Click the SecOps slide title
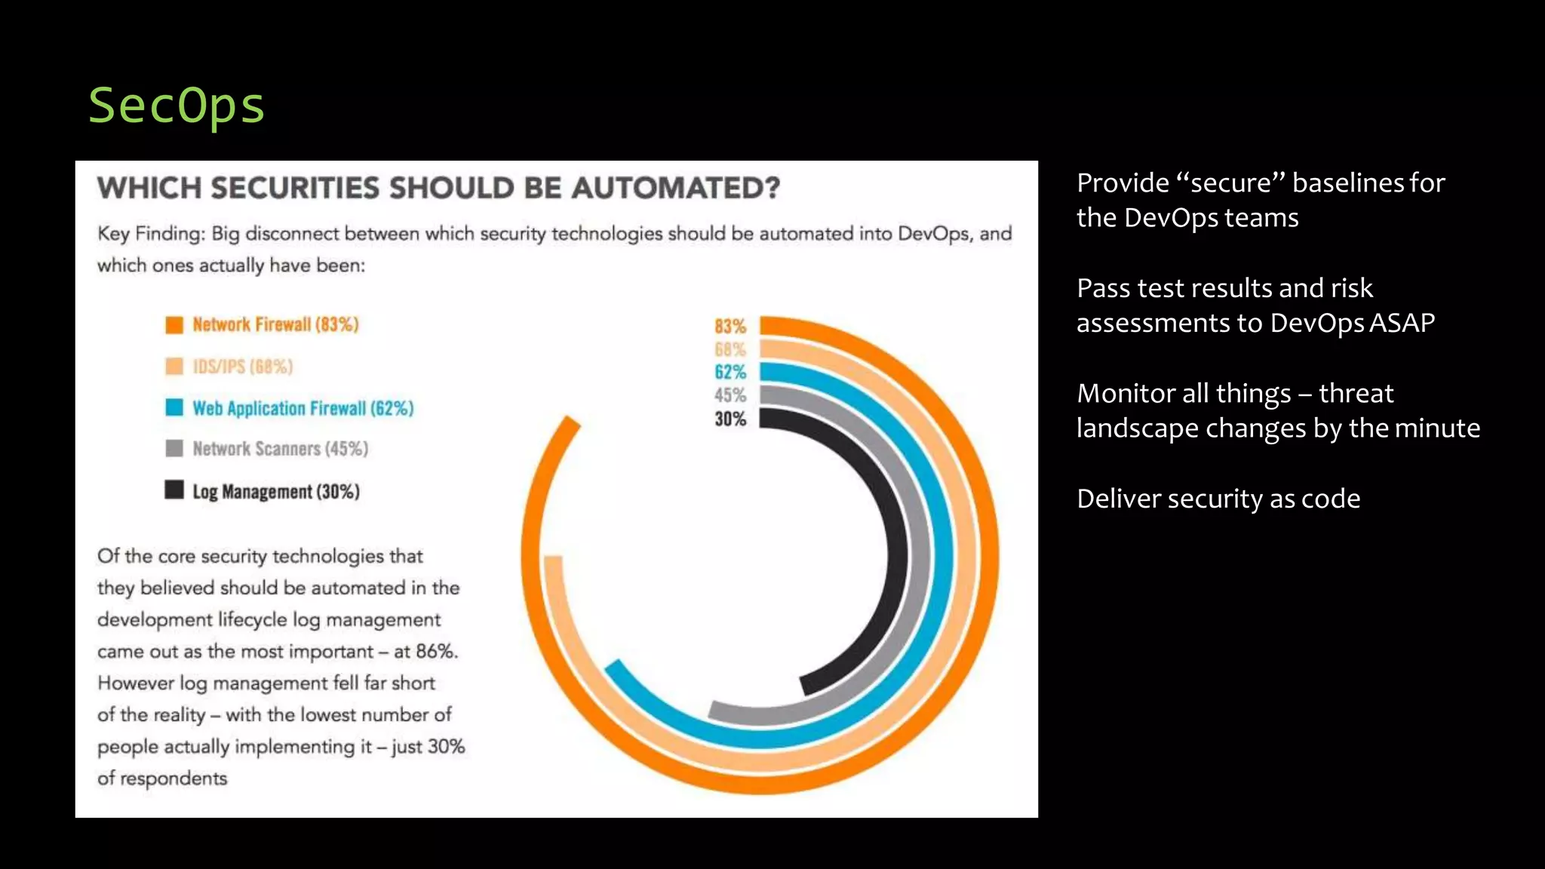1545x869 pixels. [177, 105]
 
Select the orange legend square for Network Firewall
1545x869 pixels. [174, 325]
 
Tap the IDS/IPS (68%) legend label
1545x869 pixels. [242, 367]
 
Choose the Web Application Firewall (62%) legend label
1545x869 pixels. [303, 408]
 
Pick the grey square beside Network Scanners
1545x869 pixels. [174, 449]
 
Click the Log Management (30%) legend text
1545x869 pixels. [275, 492]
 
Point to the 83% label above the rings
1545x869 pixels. [729, 327]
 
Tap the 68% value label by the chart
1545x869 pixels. [729, 349]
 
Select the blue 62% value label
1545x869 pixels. [729, 372]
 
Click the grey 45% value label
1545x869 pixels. [729, 395]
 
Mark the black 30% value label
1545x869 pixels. [729, 419]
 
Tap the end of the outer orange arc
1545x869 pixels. [572, 423]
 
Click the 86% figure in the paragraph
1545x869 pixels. [436, 651]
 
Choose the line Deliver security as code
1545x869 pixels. [1218, 499]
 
